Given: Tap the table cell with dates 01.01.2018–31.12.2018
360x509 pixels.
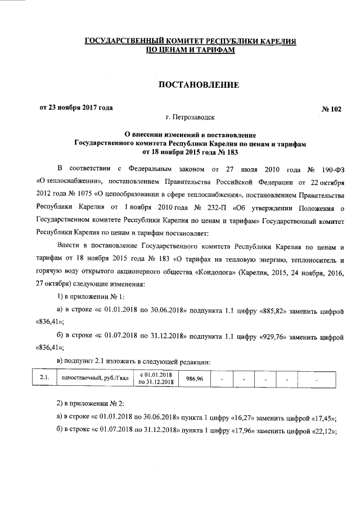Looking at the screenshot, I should point(156,380).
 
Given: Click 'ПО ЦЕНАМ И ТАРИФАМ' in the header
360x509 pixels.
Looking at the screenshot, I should point(191,50).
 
